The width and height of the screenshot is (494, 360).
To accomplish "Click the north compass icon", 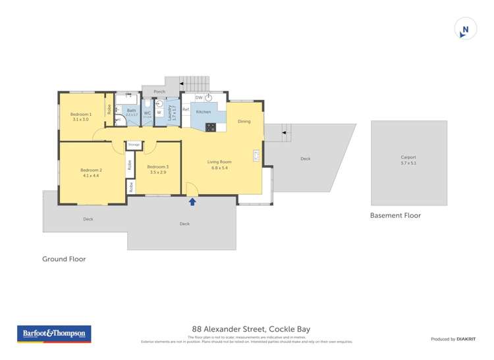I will pos(465,29).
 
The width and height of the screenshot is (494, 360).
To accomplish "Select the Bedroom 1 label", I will pos(81,115).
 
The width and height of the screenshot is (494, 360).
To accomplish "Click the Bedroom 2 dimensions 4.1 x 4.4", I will pos(91,176).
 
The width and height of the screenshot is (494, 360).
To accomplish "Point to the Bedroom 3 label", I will pos(158,167).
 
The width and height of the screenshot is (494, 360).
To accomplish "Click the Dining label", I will pos(244,121).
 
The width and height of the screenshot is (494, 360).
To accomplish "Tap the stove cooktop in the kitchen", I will pos(210,127).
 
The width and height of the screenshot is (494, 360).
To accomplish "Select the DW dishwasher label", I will pos(198,97).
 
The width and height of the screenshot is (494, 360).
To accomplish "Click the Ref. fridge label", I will pos(186,109).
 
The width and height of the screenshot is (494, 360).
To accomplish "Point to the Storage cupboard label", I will pos(134,144).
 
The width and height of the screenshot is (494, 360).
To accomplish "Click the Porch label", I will pos(159,91).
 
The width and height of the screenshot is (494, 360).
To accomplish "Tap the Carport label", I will pos(408,157).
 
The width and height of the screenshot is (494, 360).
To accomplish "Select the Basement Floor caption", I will pos(395,215).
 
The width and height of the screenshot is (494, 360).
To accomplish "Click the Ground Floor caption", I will pos(64,259).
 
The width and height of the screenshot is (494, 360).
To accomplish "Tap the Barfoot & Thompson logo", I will pos(54,334).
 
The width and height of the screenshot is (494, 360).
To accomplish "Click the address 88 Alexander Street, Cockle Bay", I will pos(251,329).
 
